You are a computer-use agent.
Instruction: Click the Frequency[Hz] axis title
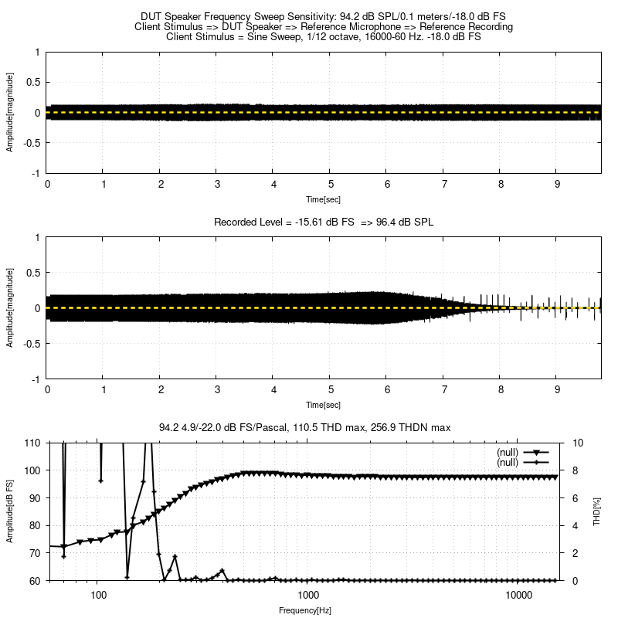click(306, 610)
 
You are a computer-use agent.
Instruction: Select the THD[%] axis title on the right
click(597, 511)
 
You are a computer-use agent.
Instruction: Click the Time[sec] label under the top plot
click(324, 199)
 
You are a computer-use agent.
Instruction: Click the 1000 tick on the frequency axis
click(308, 595)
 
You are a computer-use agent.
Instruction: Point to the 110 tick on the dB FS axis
click(32, 443)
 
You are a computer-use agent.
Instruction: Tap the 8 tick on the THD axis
click(578, 470)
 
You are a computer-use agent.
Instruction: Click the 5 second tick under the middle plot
click(331, 390)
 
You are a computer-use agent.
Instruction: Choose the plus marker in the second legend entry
click(535, 462)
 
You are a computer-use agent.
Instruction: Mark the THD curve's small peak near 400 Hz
click(222, 571)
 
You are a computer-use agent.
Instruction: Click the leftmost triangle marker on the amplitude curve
click(63, 547)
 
